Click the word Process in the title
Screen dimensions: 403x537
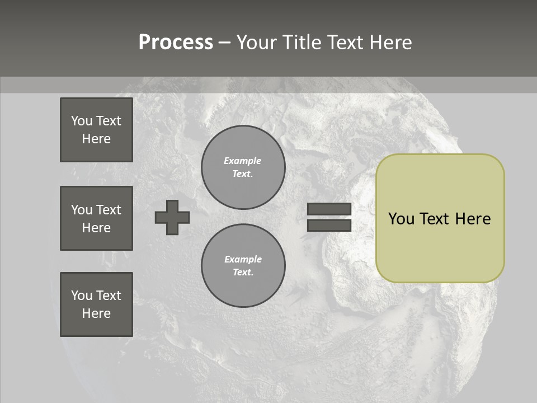coord(176,43)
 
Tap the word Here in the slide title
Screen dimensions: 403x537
coord(388,43)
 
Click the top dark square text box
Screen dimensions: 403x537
coord(96,130)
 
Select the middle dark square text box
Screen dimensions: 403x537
coord(96,218)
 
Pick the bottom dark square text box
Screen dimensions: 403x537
coord(96,304)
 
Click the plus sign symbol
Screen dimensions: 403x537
coord(172,217)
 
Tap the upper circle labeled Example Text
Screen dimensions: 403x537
coord(243,167)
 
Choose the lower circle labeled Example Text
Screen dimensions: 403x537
coord(243,266)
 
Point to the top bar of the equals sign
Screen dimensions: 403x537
coord(329,209)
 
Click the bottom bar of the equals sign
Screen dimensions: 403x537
coord(329,225)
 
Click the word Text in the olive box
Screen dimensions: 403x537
coord(435,219)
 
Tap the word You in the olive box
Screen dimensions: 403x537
coord(401,219)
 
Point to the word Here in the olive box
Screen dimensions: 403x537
coord(473,219)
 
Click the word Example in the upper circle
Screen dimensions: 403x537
coord(243,161)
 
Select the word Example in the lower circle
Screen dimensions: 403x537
coord(243,259)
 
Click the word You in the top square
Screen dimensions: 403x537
coord(82,121)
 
